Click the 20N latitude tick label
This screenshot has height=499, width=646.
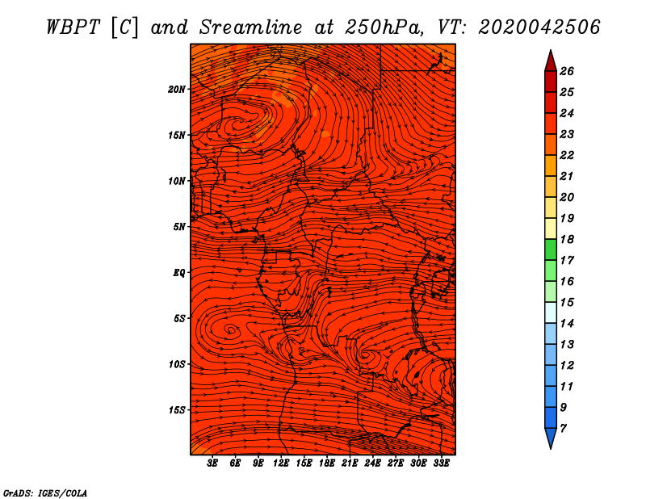[x=177, y=90]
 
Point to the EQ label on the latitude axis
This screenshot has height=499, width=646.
[x=179, y=273]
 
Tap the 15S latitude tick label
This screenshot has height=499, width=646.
[x=177, y=410]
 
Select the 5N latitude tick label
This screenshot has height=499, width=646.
[x=179, y=227]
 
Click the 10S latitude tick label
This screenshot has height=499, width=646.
[x=177, y=364]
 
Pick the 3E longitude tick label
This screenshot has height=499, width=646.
[x=212, y=463]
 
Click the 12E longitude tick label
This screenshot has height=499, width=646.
[x=281, y=463]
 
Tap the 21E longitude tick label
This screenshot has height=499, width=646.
[x=350, y=463]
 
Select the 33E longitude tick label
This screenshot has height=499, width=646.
[x=441, y=463]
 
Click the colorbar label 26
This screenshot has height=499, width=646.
[x=567, y=71]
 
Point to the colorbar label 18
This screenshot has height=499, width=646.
[x=567, y=239]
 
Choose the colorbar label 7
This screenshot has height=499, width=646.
[x=563, y=429]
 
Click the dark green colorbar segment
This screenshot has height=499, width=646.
[x=551, y=249]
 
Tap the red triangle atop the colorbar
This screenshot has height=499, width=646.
[x=551, y=61]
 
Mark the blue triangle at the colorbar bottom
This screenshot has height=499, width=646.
[x=551, y=438]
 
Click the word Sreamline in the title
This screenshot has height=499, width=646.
[x=250, y=27]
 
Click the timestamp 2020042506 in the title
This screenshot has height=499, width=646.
[x=539, y=27]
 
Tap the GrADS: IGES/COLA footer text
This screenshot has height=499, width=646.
[x=45, y=493]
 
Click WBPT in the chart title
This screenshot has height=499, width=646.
[x=73, y=27]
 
